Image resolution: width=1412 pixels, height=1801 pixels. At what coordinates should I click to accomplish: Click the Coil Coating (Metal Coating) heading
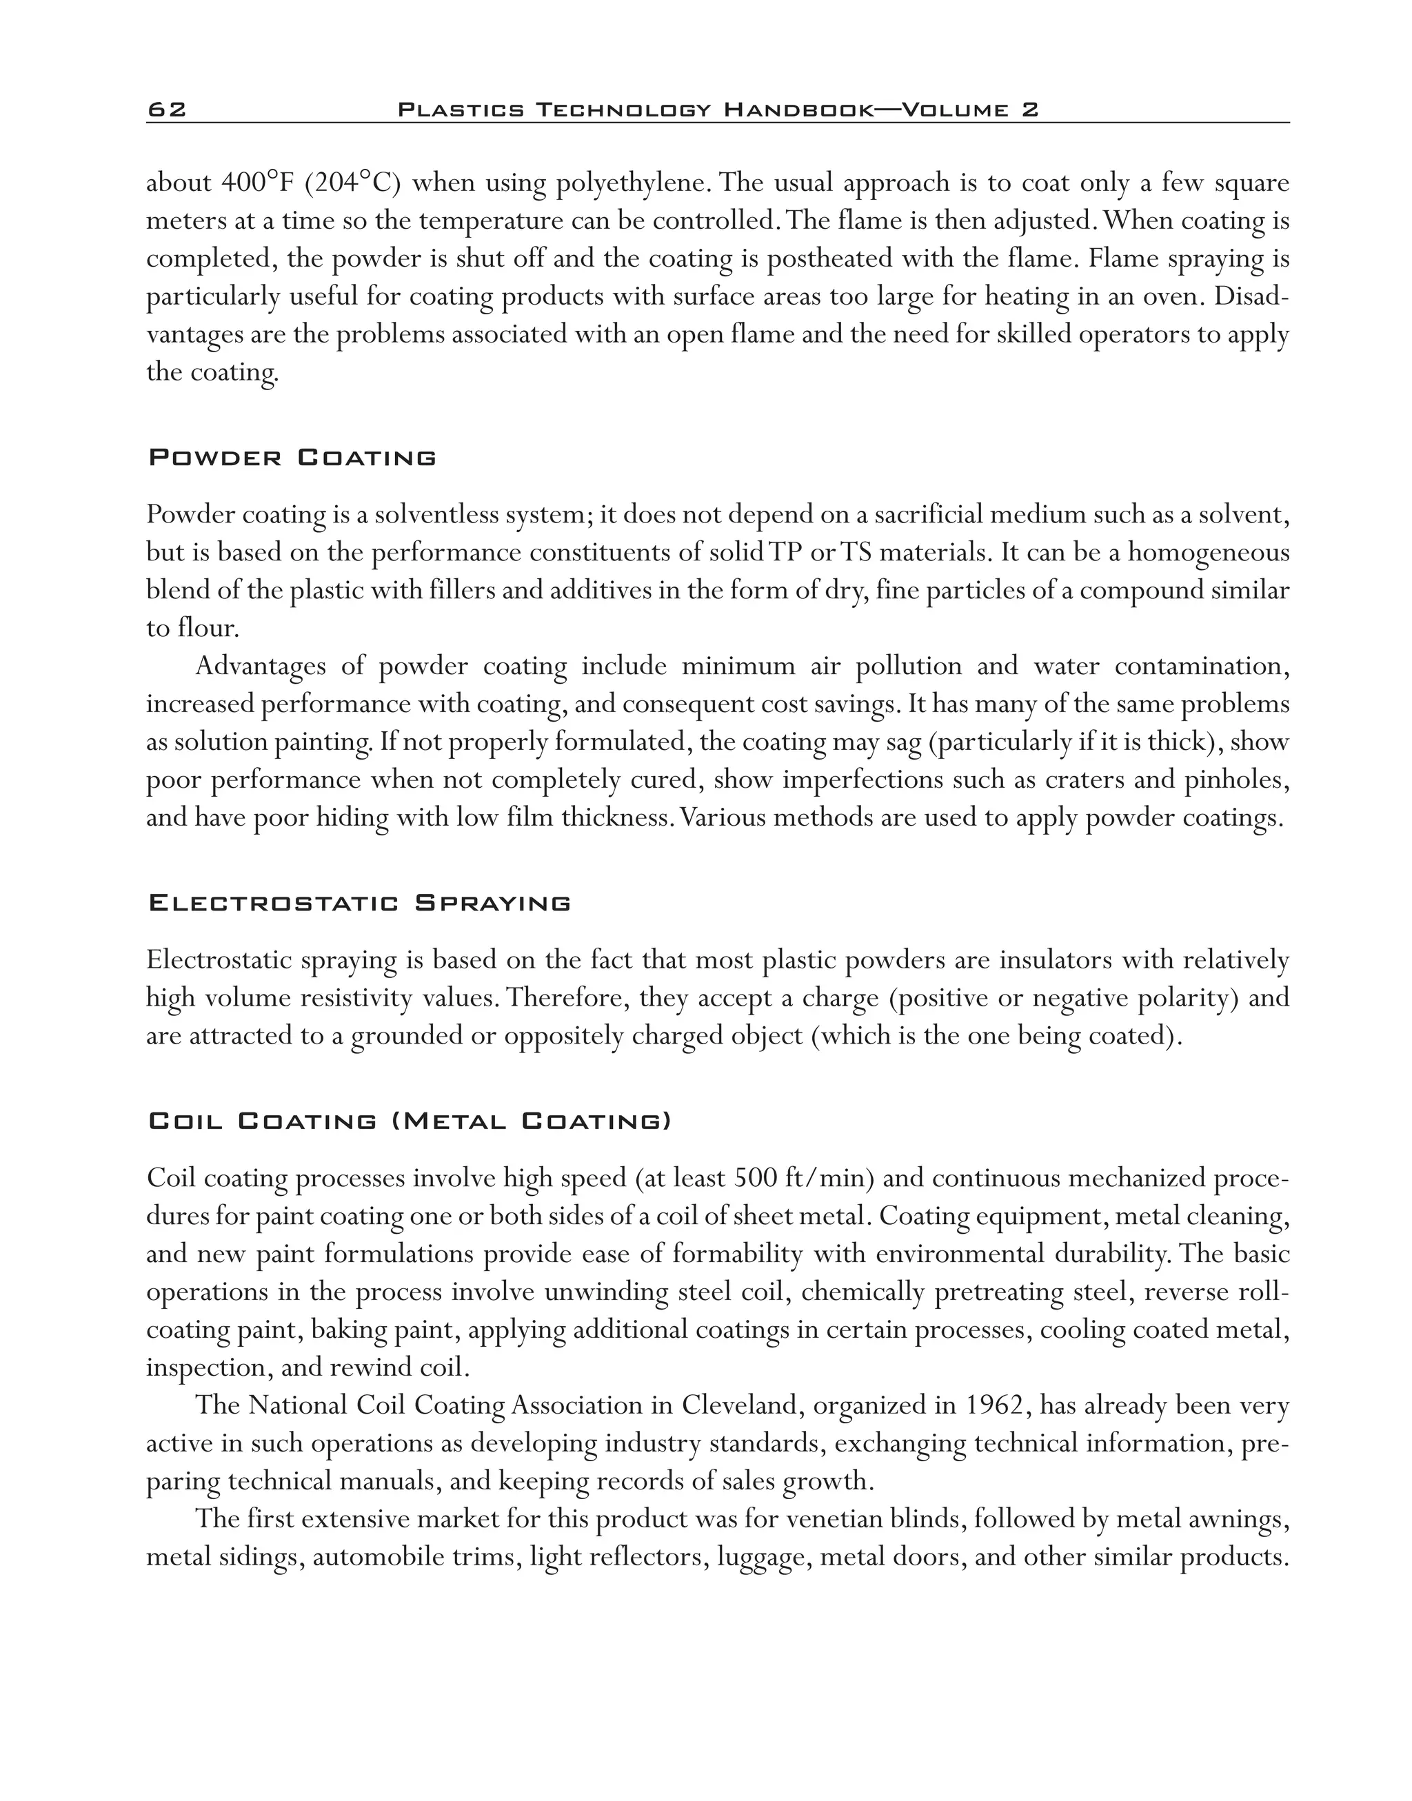coord(410,1121)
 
